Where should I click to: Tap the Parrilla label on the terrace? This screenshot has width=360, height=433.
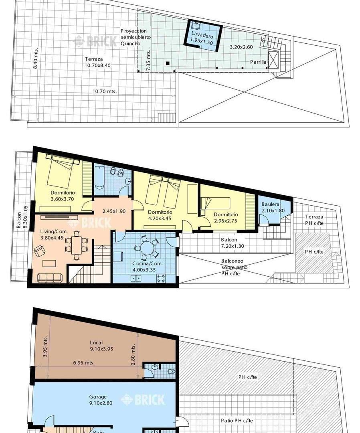tap(258, 62)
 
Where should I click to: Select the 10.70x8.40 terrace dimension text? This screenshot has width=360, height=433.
tap(98, 65)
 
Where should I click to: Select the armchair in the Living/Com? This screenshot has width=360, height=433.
tap(39, 251)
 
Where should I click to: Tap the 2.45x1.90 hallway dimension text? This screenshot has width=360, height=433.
tap(114, 211)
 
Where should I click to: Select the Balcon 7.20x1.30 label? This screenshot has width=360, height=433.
tap(233, 243)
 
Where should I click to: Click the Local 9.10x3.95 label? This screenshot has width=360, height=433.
tap(101, 346)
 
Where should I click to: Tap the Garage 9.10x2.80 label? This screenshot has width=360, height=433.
tap(101, 400)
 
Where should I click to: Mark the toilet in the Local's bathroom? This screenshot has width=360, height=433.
tap(172, 371)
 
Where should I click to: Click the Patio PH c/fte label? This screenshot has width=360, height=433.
tap(237, 421)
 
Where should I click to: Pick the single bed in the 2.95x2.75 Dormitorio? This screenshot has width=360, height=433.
tap(215, 204)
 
